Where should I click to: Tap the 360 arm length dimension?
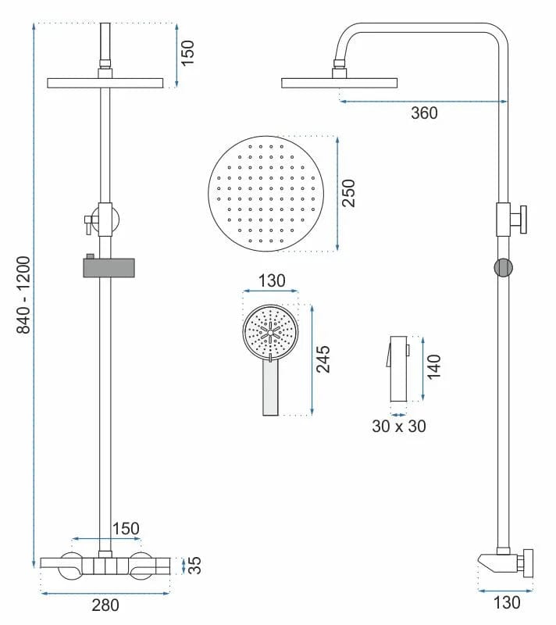point(424,113)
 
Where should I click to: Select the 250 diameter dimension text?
point(349,194)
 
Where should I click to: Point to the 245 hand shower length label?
point(323,359)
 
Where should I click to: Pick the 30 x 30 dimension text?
point(398,426)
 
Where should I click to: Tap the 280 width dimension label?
point(105,604)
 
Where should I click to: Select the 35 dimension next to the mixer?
point(195,565)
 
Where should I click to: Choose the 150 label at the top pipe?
point(188,53)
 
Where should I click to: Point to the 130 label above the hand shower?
point(271,280)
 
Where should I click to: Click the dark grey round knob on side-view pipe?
point(503,267)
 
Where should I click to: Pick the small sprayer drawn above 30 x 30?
point(399,368)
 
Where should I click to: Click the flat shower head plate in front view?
point(105,83)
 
